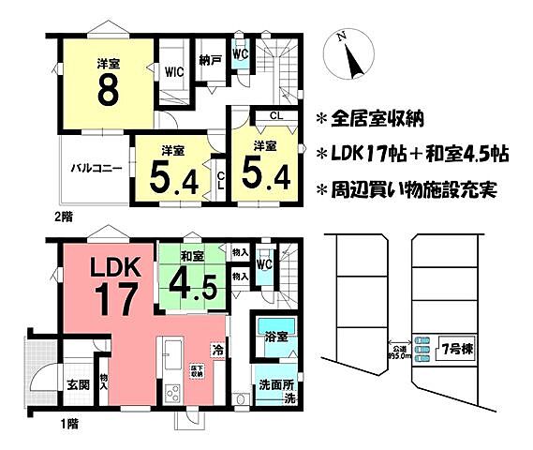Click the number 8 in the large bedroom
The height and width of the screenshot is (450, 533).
(109, 92)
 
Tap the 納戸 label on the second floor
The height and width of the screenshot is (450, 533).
(210, 59)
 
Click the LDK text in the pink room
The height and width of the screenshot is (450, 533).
(114, 268)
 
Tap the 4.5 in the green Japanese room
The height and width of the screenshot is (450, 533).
(195, 281)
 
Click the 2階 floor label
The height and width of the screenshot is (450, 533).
(64, 215)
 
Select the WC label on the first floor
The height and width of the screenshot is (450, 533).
(265, 265)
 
